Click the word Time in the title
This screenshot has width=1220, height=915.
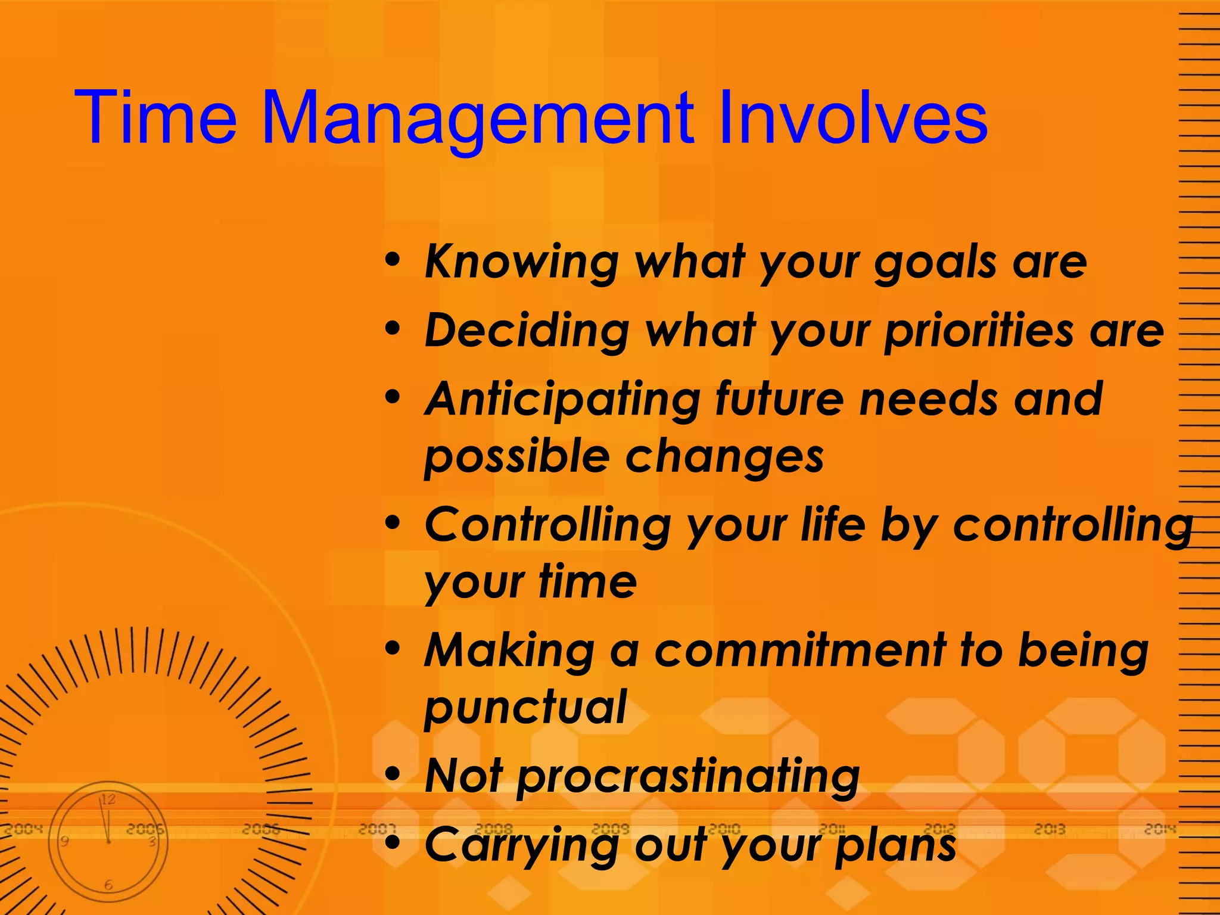point(156,117)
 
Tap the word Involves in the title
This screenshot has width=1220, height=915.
point(852,117)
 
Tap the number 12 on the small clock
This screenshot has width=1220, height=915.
point(108,799)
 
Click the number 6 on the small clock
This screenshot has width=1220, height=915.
point(108,885)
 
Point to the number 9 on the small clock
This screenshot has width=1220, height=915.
point(64,841)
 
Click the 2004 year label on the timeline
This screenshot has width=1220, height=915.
point(24,829)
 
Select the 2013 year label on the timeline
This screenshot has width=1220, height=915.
point(1050,829)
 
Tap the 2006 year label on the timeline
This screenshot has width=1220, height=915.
point(260,829)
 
